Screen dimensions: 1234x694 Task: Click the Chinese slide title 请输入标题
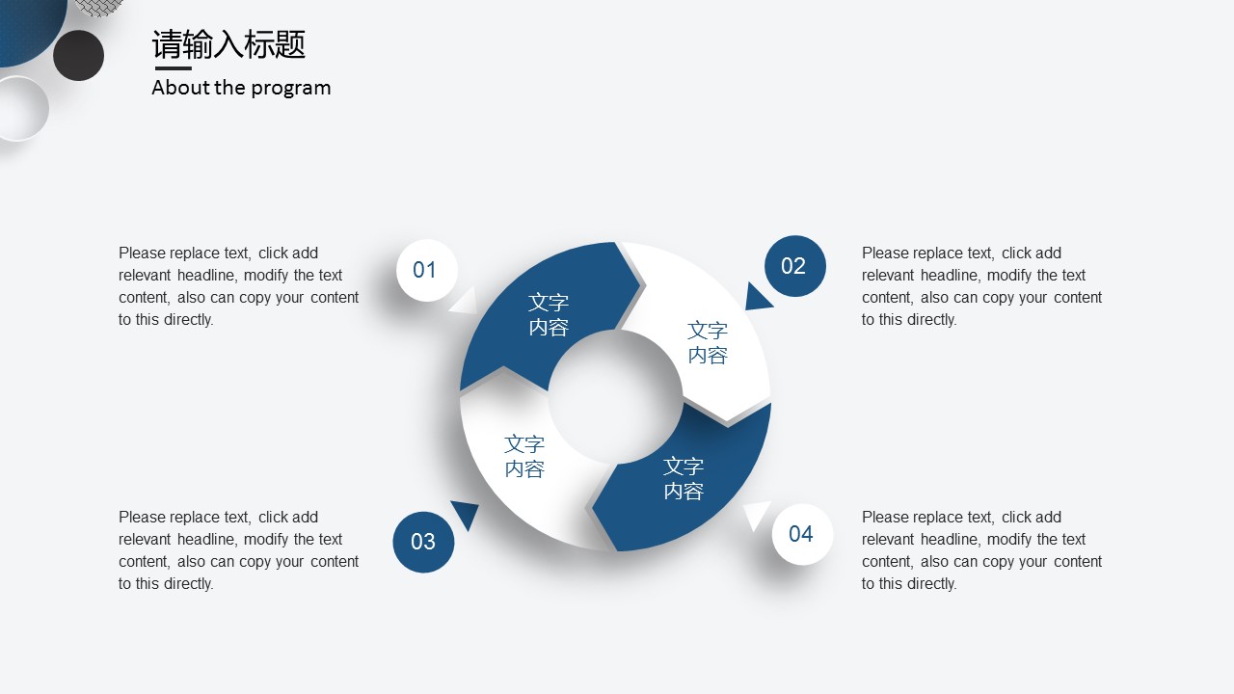pos(228,44)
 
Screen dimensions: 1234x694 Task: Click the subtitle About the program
pos(241,88)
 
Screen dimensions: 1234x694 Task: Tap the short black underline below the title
pos(173,68)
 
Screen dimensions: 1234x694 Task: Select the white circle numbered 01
pos(427,270)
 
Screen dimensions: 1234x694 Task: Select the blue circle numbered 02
pos(795,266)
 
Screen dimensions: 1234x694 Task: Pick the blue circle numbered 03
pos(423,542)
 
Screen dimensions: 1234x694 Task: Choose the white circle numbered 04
pos(802,534)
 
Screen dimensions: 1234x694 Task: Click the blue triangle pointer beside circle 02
pos(756,298)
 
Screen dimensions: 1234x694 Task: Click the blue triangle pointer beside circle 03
pos(466,514)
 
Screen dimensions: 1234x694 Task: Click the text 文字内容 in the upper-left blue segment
pos(549,314)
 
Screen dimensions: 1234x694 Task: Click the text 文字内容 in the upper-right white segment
pos(708,342)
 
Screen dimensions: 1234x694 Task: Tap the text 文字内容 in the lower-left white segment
pos(524,456)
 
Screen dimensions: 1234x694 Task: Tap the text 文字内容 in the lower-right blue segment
pos(684,478)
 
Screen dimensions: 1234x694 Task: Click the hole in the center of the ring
pos(615,396)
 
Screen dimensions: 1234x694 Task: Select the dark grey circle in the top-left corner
pos(79,56)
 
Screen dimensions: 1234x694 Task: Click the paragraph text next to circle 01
pos(238,286)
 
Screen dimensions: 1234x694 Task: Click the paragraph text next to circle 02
pos(981,286)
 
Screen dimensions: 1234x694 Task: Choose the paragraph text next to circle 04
pos(981,550)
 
